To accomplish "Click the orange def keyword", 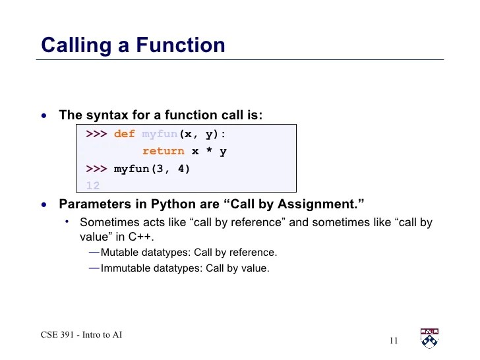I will tap(124, 134).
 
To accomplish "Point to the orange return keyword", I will tap(163, 151).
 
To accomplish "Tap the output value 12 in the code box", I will tap(92, 185).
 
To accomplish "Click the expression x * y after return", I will tap(209, 151).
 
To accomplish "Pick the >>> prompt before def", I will tap(96, 134).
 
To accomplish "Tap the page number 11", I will tap(394, 340).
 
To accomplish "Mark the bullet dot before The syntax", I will tap(44, 116).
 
